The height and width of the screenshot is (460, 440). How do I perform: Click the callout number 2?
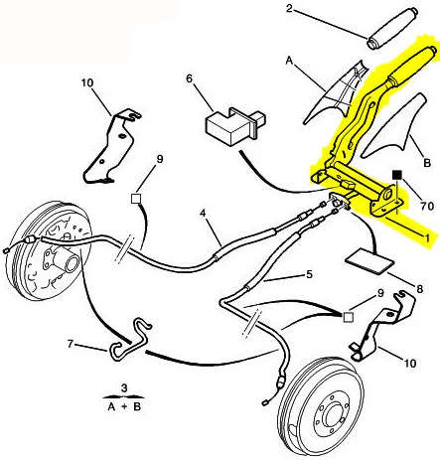tap(289, 8)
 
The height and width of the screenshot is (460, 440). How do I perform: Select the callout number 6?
tap(189, 78)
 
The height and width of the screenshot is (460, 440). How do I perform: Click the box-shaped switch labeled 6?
tap(235, 125)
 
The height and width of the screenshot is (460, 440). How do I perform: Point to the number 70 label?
tap(427, 206)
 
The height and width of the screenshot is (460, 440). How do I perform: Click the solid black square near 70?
tap(397, 175)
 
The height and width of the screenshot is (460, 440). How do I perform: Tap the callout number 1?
tap(427, 237)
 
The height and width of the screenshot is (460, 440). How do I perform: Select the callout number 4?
tap(203, 214)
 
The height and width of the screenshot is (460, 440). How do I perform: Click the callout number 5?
tap(309, 274)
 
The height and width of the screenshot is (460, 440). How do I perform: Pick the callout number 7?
tap(70, 344)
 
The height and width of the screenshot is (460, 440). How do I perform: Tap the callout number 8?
tap(419, 289)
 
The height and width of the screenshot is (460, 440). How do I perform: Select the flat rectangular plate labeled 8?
tap(369, 262)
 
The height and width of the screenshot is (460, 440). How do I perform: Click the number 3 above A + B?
tap(124, 387)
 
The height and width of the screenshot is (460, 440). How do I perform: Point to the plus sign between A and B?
tap(123, 406)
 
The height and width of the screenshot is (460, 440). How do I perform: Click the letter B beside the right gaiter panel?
tap(427, 163)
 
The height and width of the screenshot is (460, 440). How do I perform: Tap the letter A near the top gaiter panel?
tap(289, 61)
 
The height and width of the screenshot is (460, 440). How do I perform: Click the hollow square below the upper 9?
tap(136, 199)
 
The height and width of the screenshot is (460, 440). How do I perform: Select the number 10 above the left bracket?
tap(87, 82)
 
